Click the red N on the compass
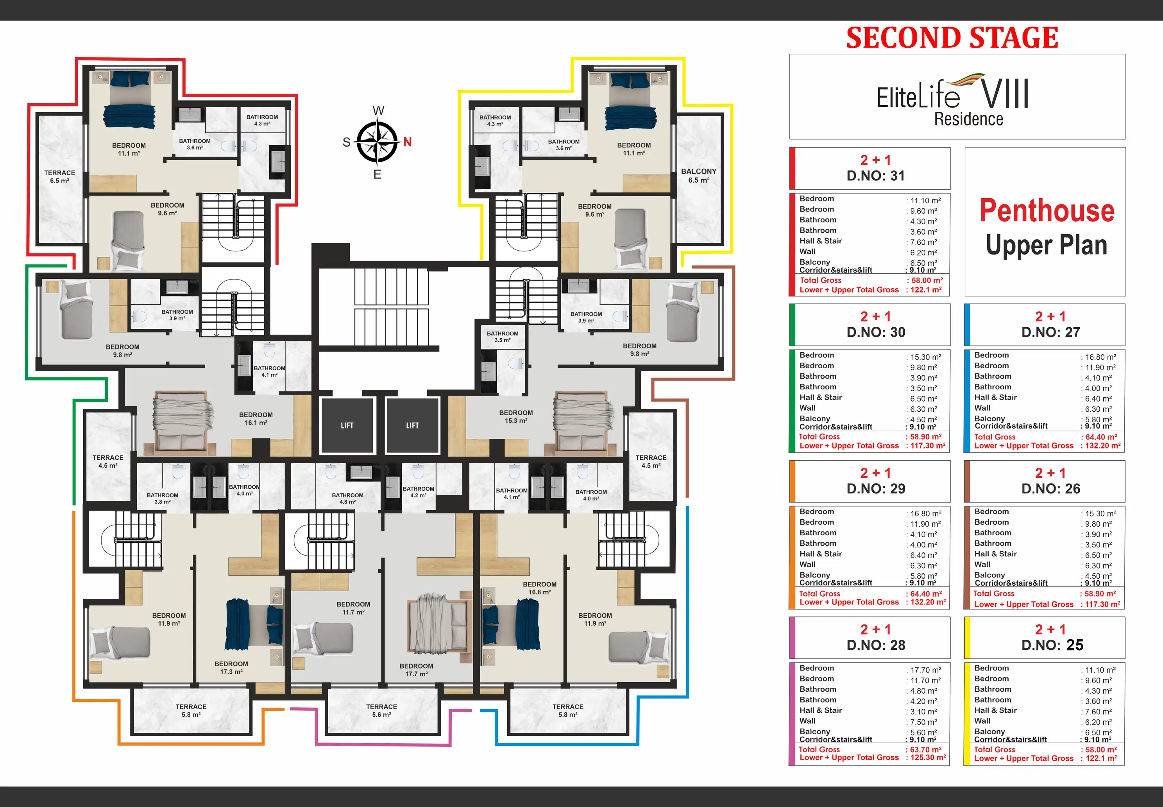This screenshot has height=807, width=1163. (407, 142)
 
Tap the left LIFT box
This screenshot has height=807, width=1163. (347, 425)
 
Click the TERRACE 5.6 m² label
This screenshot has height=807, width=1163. (381, 710)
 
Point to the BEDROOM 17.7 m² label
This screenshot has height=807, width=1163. (417, 670)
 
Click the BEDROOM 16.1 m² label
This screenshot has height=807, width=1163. (256, 419)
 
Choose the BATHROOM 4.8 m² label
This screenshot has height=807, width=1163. (348, 499)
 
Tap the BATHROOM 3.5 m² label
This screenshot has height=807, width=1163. (503, 337)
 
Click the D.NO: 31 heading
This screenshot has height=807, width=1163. (876, 176)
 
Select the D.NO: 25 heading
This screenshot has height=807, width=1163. (1052, 645)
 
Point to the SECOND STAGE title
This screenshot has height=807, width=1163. (952, 38)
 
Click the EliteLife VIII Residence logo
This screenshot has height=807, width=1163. (953, 100)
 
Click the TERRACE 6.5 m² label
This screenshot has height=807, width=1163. (60, 176)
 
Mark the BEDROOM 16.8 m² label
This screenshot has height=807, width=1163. (540, 588)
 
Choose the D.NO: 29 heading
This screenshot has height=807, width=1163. (876, 488)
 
